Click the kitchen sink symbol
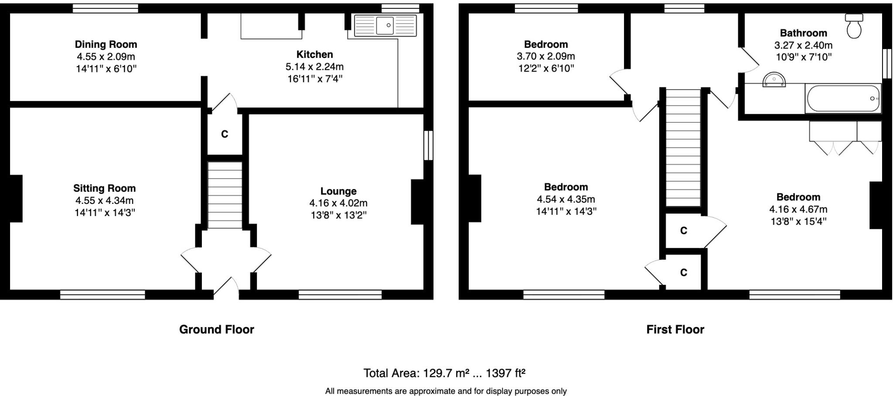coord(385,25)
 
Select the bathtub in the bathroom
coord(843,98)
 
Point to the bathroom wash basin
coord(774,80)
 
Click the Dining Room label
coord(106,44)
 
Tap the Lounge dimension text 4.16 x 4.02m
coord(338,203)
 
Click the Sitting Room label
coord(105,188)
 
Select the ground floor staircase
coord(225,195)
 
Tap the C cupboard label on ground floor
coord(225,134)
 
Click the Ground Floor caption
coord(217,329)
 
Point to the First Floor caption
coord(675,329)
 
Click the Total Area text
coord(444,373)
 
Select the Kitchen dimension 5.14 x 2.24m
coord(314,67)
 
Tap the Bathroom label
coord(803,33)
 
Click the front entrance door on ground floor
coord(226,288)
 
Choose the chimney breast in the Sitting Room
coord(16,199)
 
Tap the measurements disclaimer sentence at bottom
coord(446,391)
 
